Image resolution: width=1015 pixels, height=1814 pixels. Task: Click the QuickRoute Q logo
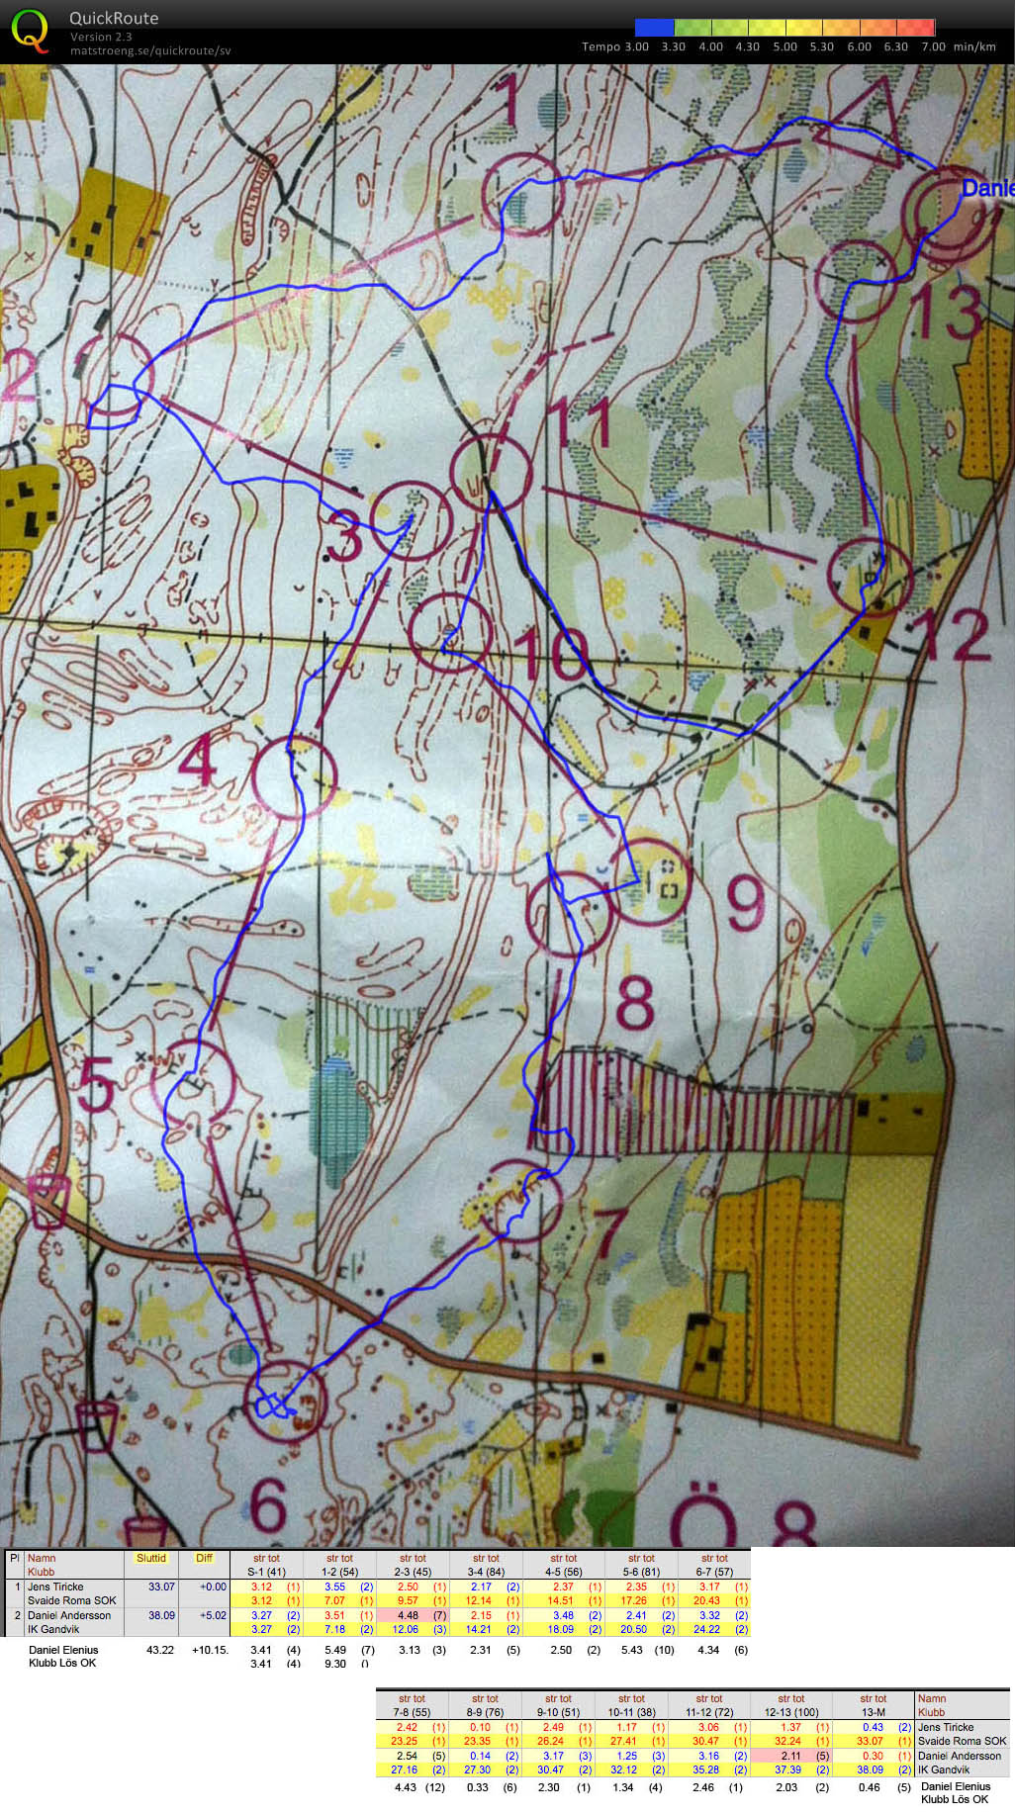tap(30, 31)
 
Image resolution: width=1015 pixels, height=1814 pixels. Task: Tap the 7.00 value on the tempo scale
tap(932, 46)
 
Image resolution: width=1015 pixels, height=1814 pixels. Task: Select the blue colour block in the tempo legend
tap(654, 28)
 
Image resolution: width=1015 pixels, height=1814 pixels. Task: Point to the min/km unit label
tap(974, 46)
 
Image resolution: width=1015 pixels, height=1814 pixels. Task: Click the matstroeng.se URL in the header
tap(150, 50)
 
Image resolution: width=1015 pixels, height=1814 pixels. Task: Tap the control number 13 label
tap(948, 312)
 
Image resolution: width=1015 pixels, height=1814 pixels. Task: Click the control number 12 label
tap(956, 634)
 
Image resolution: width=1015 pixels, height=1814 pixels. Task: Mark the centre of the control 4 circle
tap(294, 776)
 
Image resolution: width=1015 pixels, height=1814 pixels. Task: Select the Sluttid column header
tap(151, 1558)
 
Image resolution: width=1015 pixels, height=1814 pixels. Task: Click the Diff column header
tap(204, 1558)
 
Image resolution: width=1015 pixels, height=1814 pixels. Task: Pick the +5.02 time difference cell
tap(212, 1615)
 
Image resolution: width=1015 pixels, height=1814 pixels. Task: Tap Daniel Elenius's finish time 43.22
tap(159, 1649)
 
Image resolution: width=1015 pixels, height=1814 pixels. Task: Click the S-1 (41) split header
tap(266, 1571)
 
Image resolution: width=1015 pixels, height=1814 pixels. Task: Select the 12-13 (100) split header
tap(790, 1712)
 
